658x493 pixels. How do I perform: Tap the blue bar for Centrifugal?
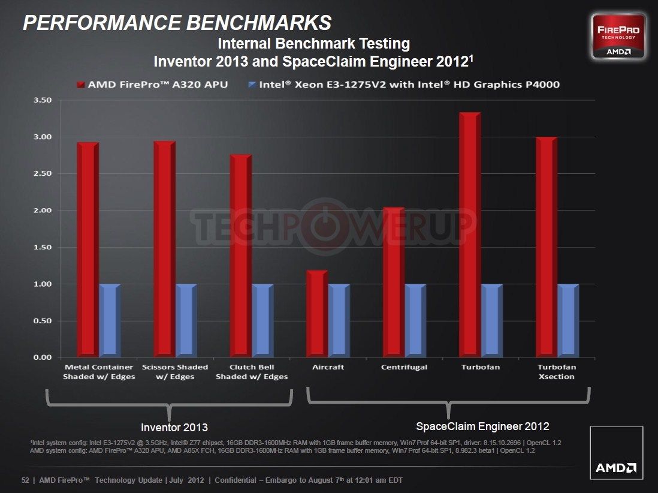tap(415, 320)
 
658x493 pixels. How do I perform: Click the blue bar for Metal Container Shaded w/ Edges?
tap(110, 320)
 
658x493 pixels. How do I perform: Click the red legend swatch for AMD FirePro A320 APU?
tap(80, 85)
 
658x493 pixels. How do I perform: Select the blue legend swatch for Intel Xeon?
tap(252, 85)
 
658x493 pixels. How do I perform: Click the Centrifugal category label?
tap(405, 367)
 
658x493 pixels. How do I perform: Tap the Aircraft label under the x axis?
tap(328, 367)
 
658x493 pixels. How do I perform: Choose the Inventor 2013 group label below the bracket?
tap(174, 428)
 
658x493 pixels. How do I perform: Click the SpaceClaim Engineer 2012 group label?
tap(482, 426)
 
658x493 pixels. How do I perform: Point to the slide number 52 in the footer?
tap(25, 480)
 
